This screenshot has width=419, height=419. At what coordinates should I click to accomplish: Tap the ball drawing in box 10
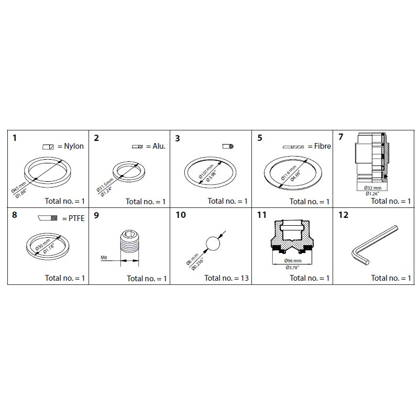212,244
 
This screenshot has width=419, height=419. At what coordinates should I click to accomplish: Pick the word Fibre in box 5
320,147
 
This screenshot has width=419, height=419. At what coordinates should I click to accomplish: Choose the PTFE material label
73,217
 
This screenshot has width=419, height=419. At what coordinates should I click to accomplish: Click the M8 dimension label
104,258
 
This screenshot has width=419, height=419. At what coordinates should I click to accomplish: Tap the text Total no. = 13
226,278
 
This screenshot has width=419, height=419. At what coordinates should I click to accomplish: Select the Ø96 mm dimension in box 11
293,260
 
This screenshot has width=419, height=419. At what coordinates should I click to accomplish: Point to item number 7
341,138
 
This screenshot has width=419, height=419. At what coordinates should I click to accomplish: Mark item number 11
262,215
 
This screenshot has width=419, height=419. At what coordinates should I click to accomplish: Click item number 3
178,138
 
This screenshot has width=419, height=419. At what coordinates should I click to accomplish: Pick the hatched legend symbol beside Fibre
294,147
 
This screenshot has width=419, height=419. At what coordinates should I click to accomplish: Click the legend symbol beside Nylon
48,147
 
